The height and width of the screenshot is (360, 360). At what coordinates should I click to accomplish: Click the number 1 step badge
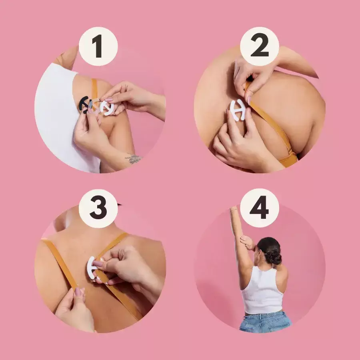98,46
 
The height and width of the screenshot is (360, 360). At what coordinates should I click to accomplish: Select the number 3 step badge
98,208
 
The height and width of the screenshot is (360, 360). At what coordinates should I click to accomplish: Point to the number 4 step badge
260,208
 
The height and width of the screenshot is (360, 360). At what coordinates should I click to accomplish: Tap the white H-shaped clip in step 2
238,110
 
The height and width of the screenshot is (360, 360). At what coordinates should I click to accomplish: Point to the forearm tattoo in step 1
133,158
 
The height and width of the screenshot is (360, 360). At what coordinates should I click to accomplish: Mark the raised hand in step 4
234,209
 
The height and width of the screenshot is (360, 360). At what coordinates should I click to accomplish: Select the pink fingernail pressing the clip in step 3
98,263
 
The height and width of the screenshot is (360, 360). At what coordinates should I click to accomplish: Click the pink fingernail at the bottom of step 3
78,292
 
